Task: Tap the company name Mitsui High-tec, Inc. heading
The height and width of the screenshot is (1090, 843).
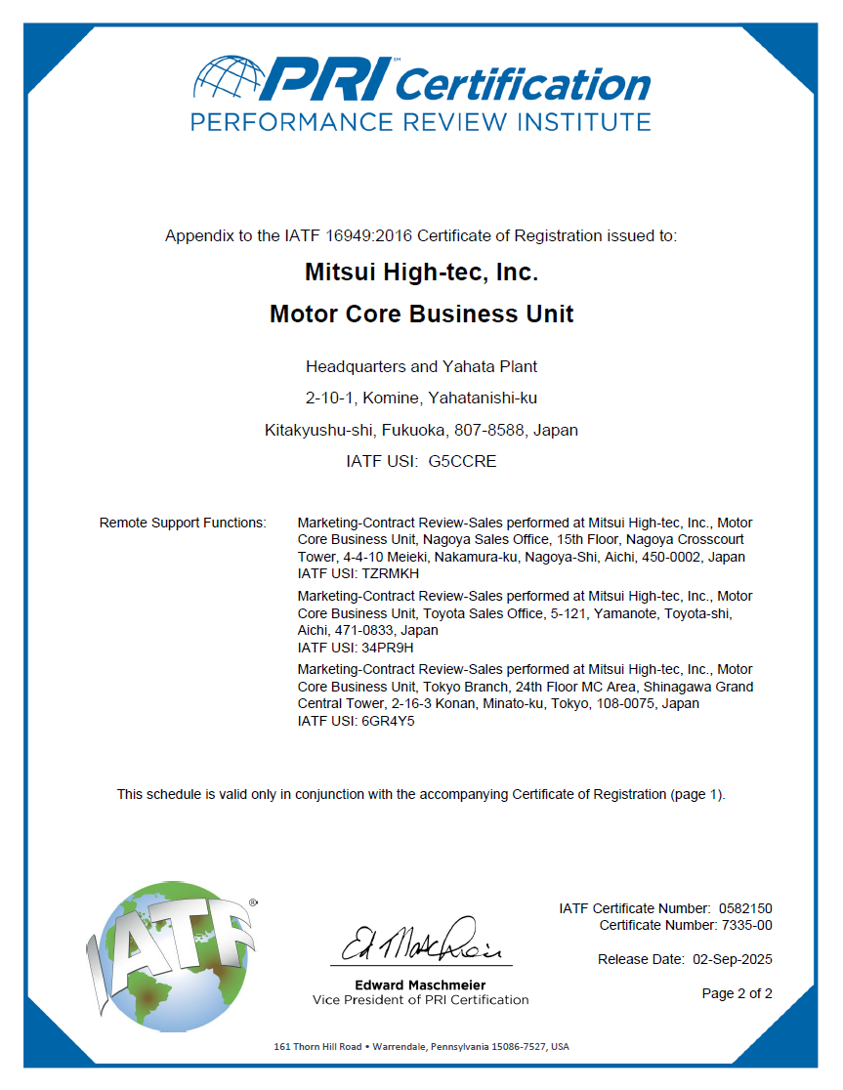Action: pyautogui.click(x=421, y=272)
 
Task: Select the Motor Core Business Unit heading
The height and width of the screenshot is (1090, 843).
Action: pyautogui.click(x=421, y=314)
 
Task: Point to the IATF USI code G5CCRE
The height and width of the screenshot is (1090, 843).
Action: pyautogui.click(x=462, y=461)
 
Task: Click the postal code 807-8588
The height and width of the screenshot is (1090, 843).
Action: pyautogui.click(x=498, y=430)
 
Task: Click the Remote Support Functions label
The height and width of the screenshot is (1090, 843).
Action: pyautogui.click(x=183, y=524)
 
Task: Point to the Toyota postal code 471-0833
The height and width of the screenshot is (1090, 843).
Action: pyautogui.click(x=367, y=630)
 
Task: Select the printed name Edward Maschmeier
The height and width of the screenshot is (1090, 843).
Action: pyautogui.click(x=420, y=985)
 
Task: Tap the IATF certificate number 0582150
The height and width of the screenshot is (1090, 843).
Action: pyautogui.click(x=745, y=908)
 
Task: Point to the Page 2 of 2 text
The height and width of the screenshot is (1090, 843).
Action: pyautogui.click(x=737, y=994)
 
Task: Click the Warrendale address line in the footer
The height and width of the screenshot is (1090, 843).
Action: pyautogui.click(x=421, y=1047)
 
